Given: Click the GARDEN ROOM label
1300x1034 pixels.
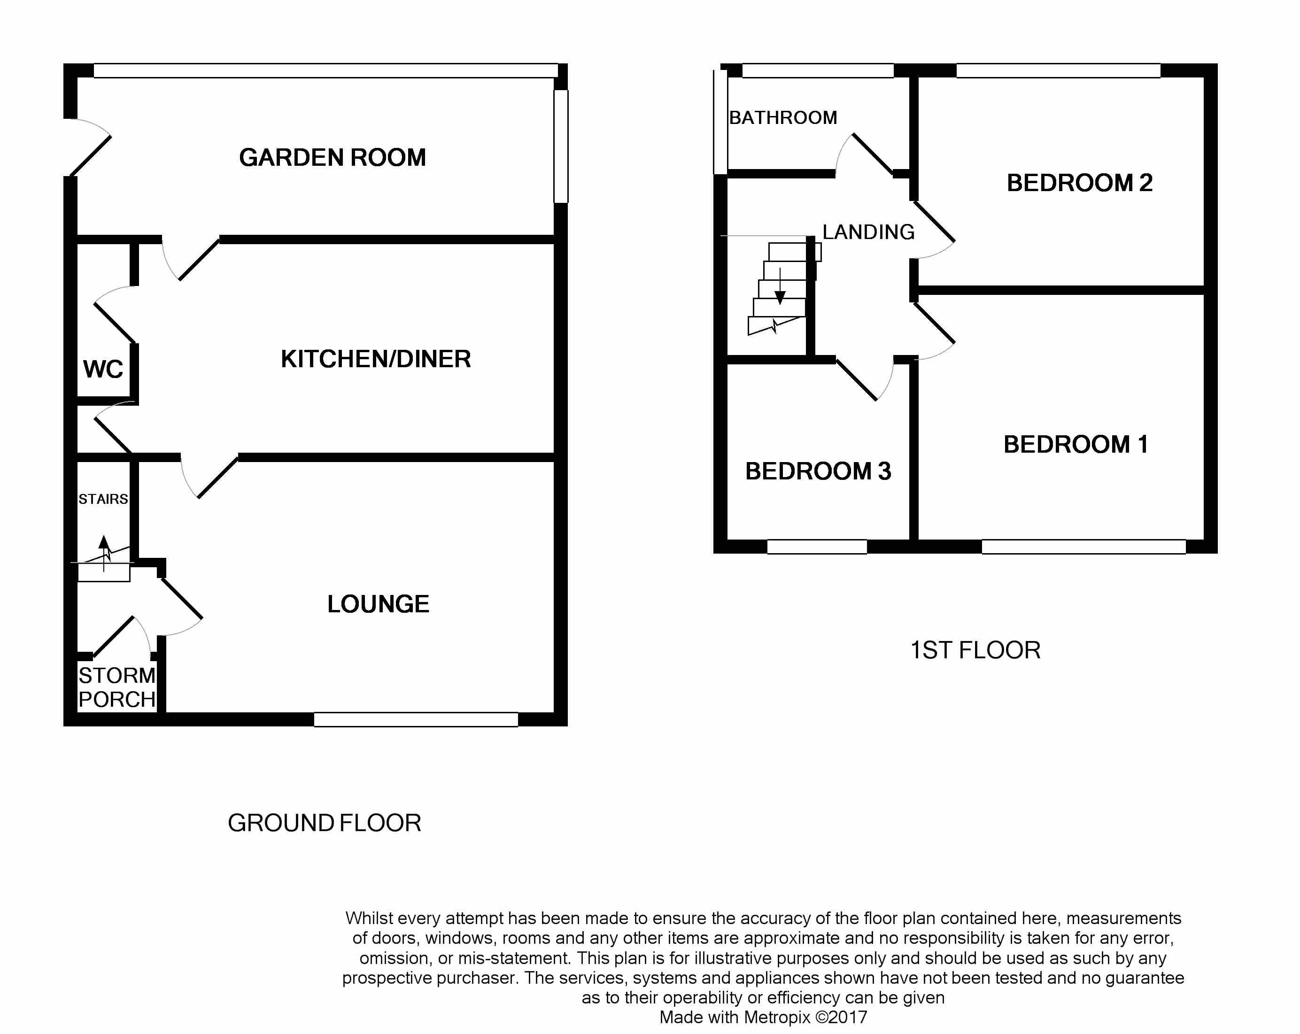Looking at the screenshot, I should (332, 158).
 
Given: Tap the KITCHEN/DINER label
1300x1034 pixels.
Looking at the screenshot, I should (376, 359).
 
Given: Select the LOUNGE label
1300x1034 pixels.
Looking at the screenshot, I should (378, 604).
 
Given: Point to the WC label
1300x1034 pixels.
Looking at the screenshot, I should (103, 369).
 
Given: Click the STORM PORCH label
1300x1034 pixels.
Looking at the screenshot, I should (117, 687).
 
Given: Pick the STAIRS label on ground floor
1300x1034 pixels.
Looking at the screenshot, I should (103, 499).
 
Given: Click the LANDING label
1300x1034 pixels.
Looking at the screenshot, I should (868, 232).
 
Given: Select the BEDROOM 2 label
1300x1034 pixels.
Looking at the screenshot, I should (1079, 183).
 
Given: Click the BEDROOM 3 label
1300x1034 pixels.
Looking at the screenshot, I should (818, 471).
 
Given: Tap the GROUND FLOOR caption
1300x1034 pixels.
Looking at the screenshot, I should (325, 823).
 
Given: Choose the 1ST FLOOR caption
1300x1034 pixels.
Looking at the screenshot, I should (975, 650).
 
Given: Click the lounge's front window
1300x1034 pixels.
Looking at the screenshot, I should (416, 719).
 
